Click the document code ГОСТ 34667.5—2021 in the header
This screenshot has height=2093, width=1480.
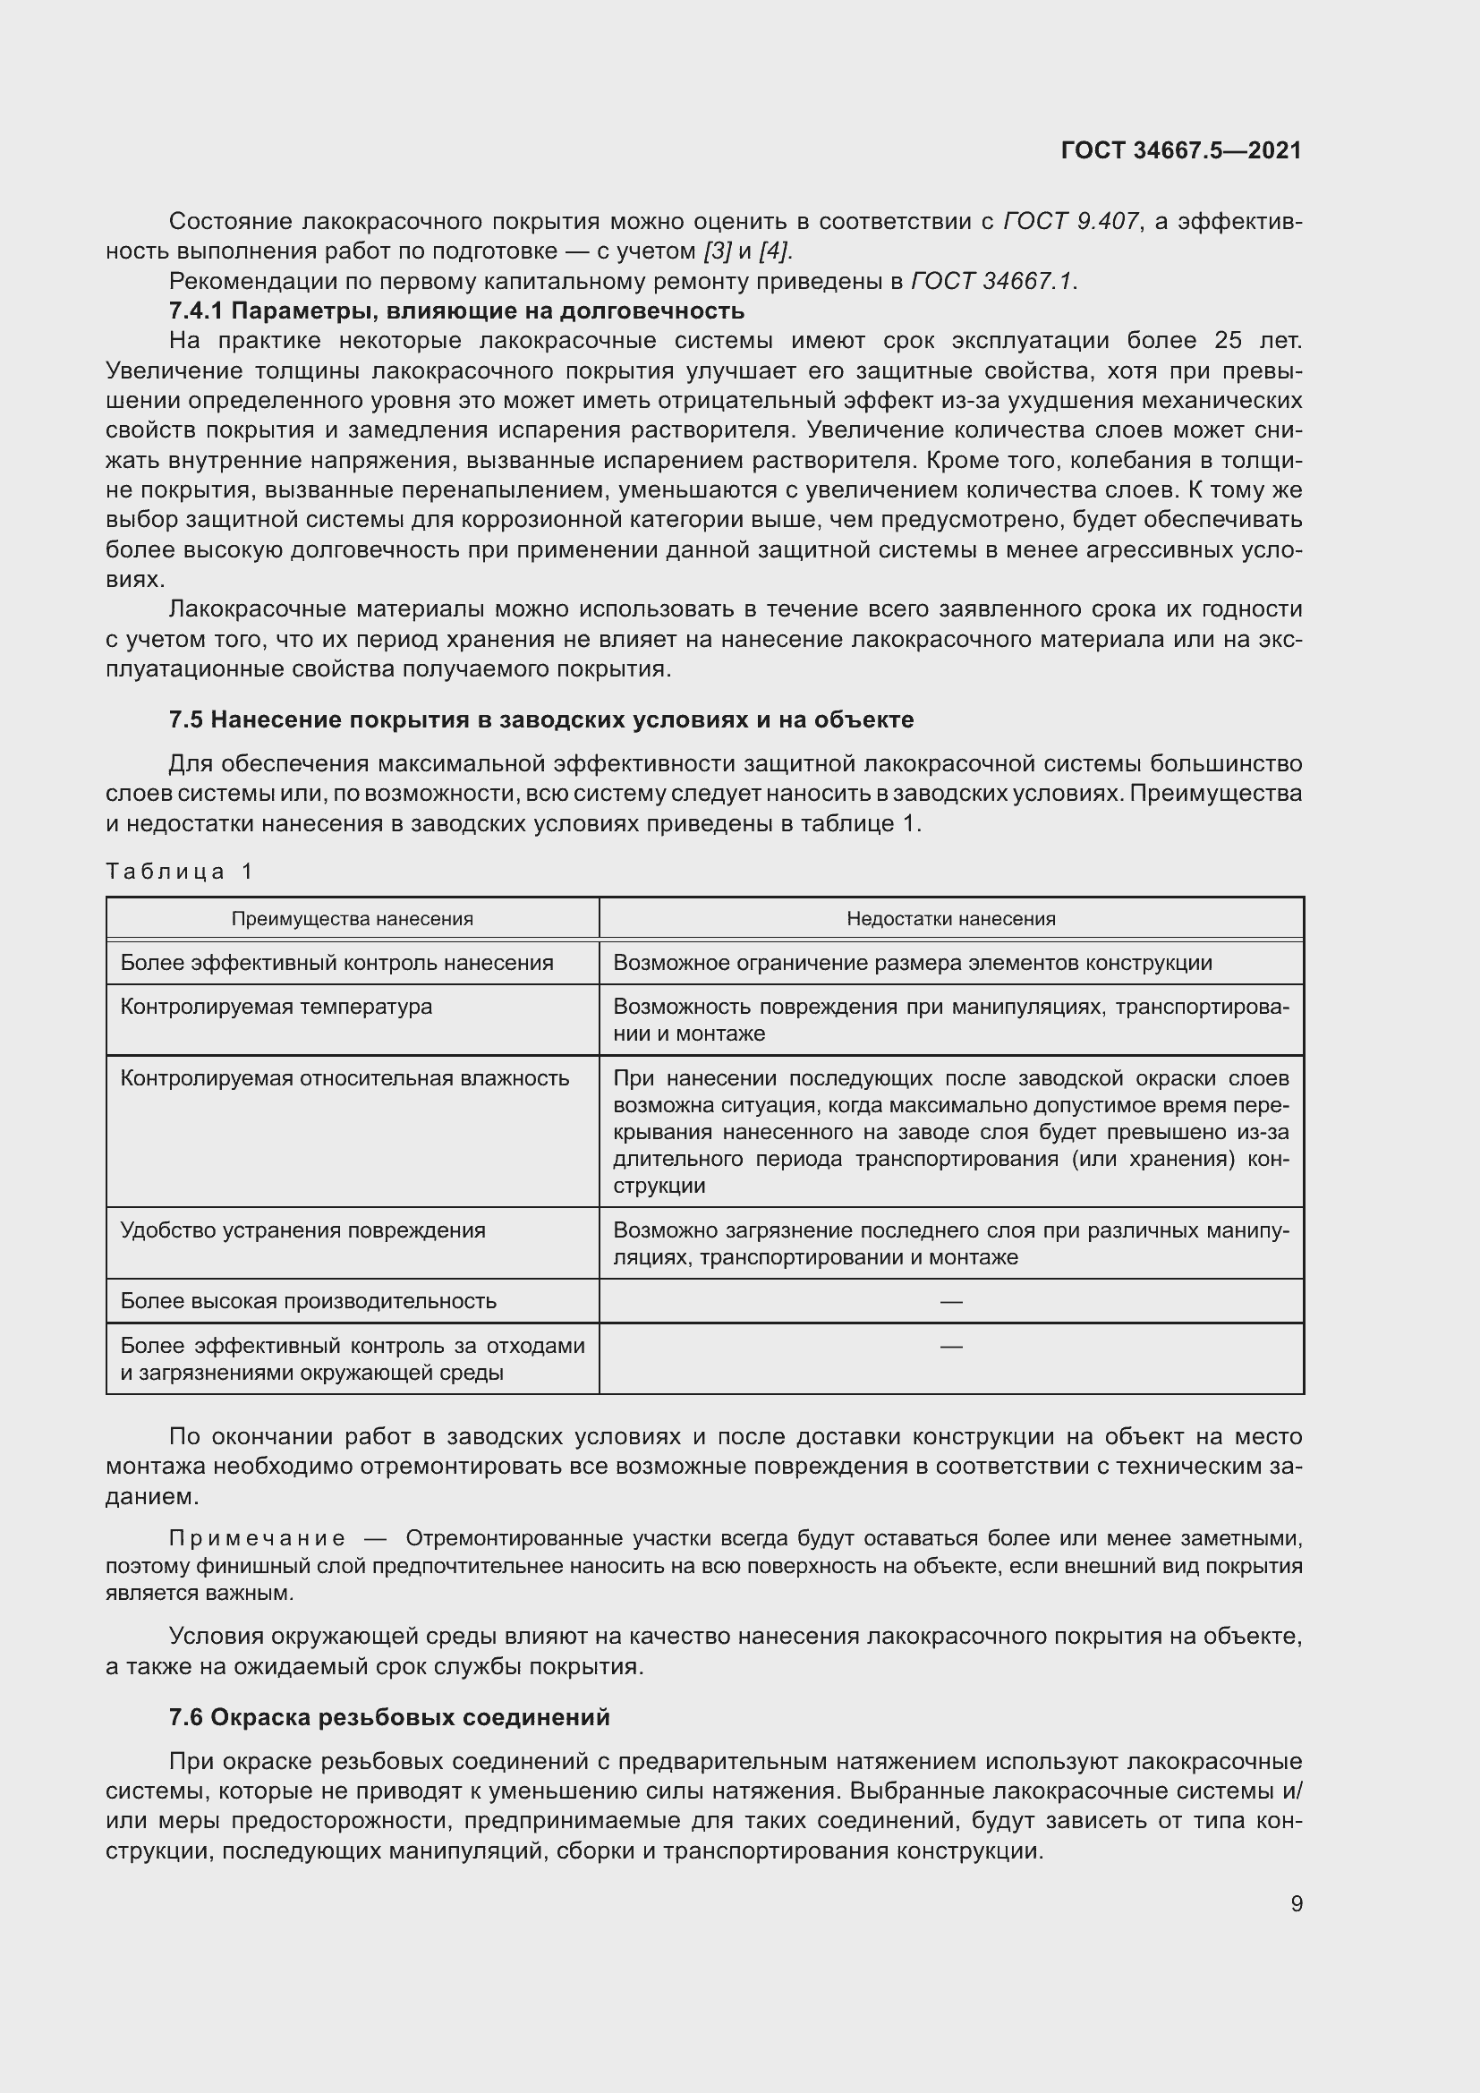1181,150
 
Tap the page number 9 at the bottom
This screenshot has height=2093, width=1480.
1296,1903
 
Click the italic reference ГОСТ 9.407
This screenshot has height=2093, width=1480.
1071,222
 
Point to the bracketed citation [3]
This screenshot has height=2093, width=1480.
719,251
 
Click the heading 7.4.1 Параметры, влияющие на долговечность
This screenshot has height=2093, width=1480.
455,311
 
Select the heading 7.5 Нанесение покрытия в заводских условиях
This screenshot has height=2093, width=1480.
540,719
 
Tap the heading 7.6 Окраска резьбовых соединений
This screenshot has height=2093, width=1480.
389,1716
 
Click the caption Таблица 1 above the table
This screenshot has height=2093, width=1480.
179,872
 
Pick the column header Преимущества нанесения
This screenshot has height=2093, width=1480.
352,918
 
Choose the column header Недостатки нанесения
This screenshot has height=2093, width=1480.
950,918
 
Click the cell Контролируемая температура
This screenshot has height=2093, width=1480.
276,1007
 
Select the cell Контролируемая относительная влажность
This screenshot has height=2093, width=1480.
344,1077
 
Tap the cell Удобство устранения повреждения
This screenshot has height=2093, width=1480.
302,1229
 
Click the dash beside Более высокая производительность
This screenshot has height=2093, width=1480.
950,1301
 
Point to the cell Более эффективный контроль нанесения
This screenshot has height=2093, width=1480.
336,963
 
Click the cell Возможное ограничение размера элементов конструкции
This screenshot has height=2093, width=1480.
912,963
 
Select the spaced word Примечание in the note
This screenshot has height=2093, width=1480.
257,1539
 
